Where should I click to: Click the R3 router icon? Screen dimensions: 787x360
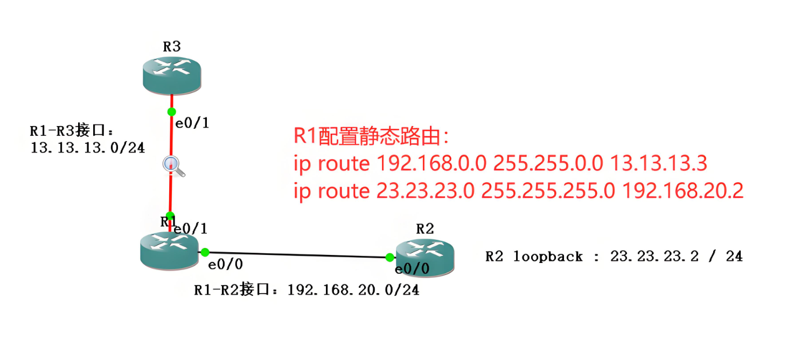172,75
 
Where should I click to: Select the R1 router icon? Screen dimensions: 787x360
169,251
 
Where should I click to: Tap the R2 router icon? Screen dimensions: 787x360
425,258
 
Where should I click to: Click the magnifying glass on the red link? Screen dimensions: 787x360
173,166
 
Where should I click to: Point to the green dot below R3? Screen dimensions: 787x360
171,112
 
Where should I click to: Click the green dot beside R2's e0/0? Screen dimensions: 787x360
389,258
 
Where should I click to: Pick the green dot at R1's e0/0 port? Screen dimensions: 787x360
205,252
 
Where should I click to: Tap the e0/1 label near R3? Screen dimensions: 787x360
192,123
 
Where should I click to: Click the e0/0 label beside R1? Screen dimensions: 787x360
225,265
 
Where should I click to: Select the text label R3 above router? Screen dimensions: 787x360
172,46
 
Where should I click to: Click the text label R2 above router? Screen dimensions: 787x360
425,229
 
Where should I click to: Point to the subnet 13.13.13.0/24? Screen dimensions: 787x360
88,148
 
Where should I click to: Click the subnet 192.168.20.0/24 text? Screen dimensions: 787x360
353,290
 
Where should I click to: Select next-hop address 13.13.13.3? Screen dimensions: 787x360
658,163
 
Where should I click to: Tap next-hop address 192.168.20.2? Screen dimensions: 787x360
682,191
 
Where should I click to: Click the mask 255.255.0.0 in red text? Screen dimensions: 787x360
548,163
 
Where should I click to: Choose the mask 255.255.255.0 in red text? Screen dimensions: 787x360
548,191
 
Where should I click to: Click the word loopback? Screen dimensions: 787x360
548,257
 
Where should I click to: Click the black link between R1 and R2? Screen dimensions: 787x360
297,255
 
